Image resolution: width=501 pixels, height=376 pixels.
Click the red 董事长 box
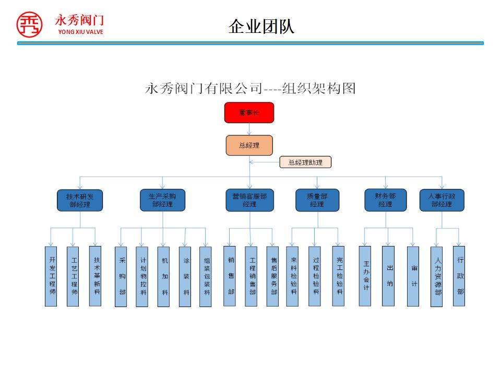[x=249, y=113]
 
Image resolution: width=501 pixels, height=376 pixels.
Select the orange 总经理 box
[x=249, y=145]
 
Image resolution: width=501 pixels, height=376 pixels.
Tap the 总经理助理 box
[x=305, y=162]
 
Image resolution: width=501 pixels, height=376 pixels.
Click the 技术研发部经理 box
[x=80, y=201]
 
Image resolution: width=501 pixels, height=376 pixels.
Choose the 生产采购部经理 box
[x=162, y=201]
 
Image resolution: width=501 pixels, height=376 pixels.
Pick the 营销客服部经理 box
[x=249, y=201]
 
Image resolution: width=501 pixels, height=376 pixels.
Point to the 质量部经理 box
[x=317, y=201]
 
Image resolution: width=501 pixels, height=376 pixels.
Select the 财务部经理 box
[x=385, y=200]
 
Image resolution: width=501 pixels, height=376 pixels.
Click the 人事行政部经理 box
[x=442, y=201]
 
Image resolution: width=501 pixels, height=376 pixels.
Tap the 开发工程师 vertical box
[x=51, y=276]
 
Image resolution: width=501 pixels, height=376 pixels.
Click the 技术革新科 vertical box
[x=96, y=276]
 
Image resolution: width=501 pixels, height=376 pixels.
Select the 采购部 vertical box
[x=121, y=276]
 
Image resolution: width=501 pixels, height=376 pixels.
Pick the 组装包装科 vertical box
[x=206, y=276]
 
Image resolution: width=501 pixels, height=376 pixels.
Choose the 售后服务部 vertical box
[x=273, y=276]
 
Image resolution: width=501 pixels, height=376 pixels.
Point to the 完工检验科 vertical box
[x=339, y=276]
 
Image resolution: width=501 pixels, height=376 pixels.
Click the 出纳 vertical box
[x=388, y=276]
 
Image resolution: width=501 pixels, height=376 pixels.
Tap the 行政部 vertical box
[x=459, y=276]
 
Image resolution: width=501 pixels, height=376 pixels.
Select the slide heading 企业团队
[x=261, y=27]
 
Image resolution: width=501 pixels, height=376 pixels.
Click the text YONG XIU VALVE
[x=81, y=32]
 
